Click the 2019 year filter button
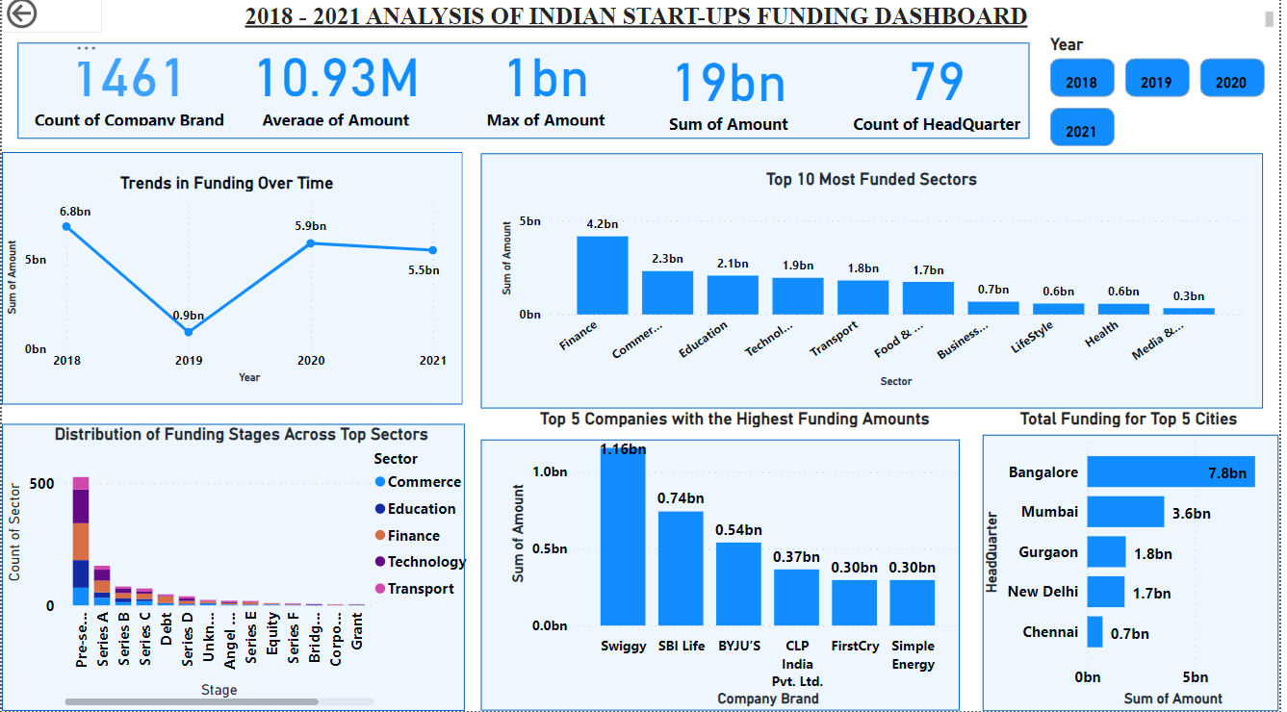point(1156,78)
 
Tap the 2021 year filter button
point(1081,127)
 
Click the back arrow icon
point(21,13)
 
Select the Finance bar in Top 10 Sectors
point(602,274)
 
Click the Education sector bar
point(733,294)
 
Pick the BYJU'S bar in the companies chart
point(738,584)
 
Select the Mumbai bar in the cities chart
point(1125,512)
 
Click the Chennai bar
point(1094,632)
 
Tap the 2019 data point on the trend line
point(189,332)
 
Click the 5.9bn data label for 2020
point(311,226)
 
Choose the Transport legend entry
point(421,589)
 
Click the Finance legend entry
point(413,536)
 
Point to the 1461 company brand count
point(129,79)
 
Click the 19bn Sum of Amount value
point(729,83)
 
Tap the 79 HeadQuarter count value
point(937,83)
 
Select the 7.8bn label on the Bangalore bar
point(1227,472)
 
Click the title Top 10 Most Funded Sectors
point(871,179)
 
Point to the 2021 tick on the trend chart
point(433,360)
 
